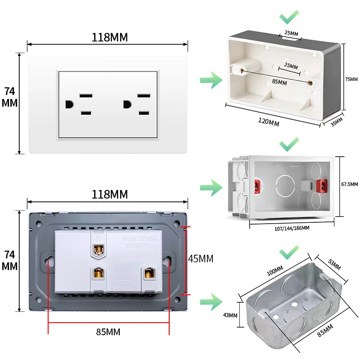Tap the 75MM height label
click(351, 79)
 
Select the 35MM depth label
click(337, 122)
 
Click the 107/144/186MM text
click(292, 228)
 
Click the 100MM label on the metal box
click(274, 272)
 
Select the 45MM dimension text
click(200, 259)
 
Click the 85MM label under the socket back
click(108, 332)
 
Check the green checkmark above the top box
click(289, 18)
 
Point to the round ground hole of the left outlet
click(69, 104)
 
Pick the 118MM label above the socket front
click(110, 37)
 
